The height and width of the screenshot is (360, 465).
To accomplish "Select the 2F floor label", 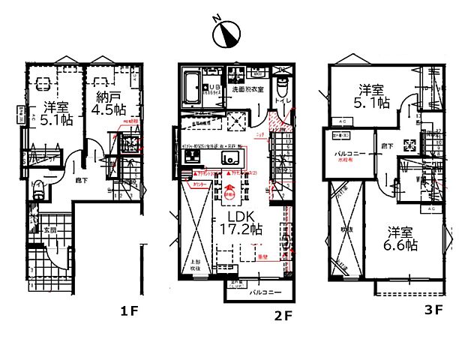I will pyautogui.click(x=282, y=316).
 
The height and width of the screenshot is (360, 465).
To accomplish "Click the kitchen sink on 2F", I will pyautogui.click(x=229, y=158).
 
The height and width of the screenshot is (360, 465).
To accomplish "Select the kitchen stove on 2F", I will pyautogui.click(x=189, y=157).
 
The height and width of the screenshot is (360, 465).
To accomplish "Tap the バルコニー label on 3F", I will pyautogui.click(x=349, y=152).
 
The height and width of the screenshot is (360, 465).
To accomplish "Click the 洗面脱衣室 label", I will pyautogui.click(x=247, y=90).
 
